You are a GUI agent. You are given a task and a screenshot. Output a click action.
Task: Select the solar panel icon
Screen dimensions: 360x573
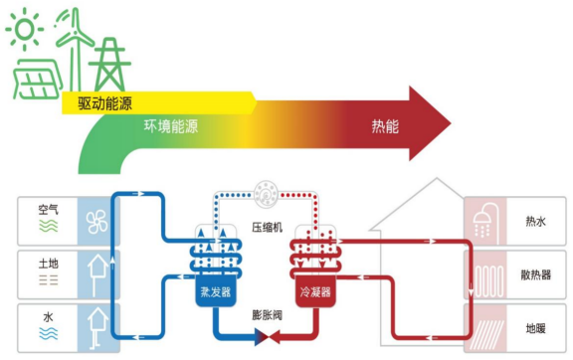pyautogui.click(x=36, y=77)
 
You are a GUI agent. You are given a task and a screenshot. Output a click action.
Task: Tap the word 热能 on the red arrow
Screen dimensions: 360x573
pyautogui.click(x=384, y=126)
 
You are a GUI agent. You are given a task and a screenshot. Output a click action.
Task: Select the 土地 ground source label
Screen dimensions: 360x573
pyautogui.click(x=49, y=264)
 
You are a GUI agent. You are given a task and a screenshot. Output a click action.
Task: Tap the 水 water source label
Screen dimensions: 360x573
pyautogui.click(x=49, y=317)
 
